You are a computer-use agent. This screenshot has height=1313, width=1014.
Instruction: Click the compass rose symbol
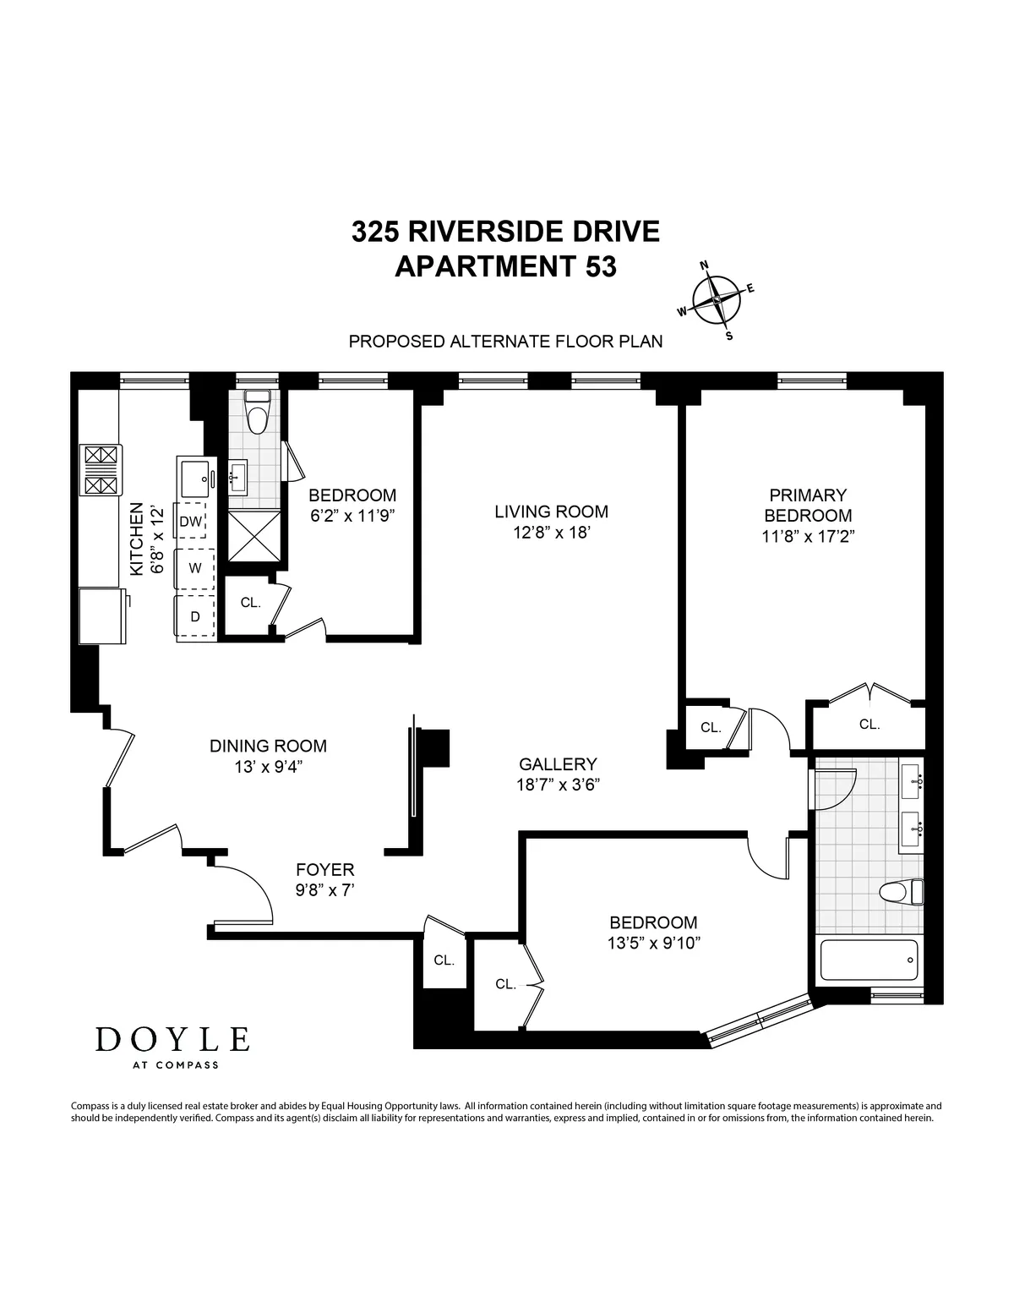(717, 300)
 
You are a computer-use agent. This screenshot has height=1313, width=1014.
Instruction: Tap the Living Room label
(551, 512)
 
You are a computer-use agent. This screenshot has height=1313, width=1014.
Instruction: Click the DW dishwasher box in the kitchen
(191, 522)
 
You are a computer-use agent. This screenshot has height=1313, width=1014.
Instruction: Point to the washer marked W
(195, 568)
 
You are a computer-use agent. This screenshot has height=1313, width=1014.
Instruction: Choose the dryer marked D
(195, 616)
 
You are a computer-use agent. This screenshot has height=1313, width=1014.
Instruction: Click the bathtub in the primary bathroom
(870, 960)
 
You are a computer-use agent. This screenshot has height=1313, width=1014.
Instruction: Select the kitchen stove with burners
(101, 470)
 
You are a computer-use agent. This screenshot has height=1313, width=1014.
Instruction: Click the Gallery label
(558, 763)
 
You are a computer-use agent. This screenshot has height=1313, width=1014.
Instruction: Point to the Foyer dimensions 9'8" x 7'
(324, 889)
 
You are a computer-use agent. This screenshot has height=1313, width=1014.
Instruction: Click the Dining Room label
(268, 746)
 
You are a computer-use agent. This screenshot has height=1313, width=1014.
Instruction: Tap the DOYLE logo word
(172, 1039)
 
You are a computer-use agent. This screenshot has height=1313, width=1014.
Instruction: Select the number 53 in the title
(597, 266)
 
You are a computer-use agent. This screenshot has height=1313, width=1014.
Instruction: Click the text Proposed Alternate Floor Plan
(505, 342)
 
